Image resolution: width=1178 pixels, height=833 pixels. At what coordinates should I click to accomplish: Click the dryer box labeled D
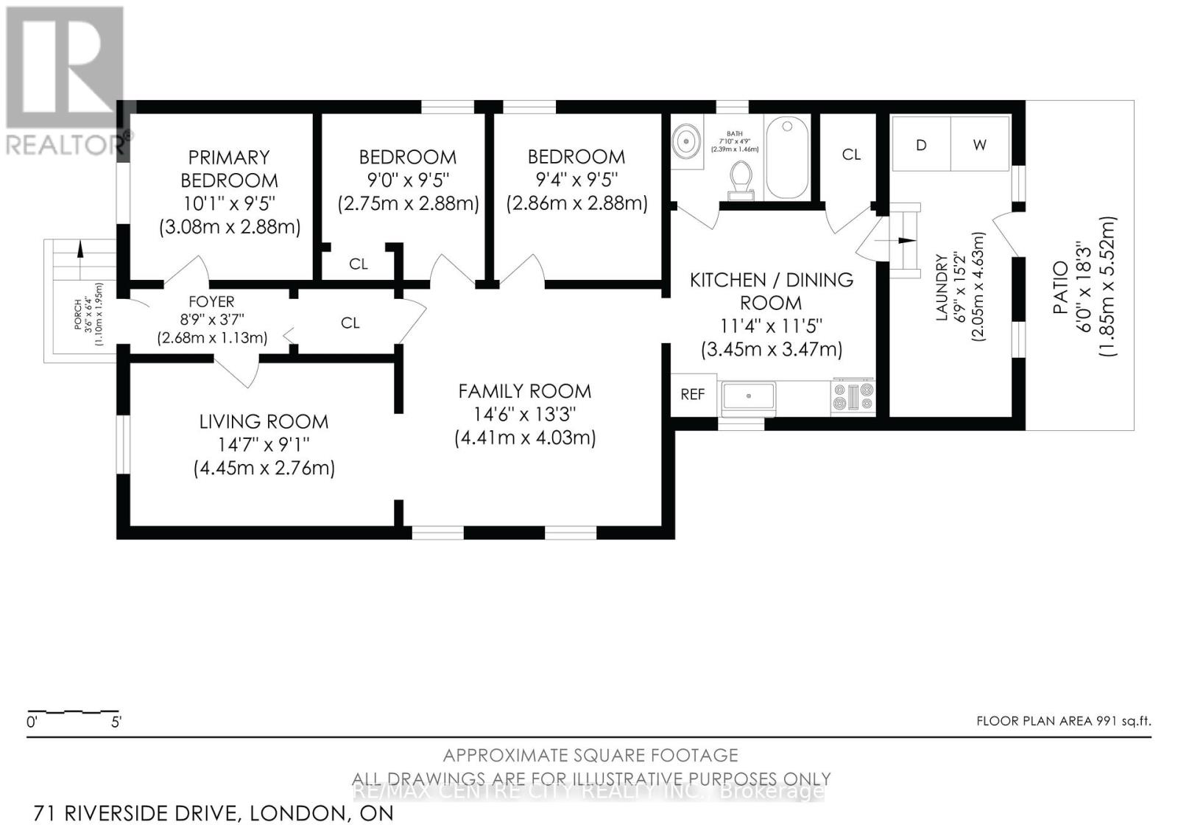click(920, 145)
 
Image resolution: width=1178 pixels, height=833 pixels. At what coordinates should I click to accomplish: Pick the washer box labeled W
click(979, 145)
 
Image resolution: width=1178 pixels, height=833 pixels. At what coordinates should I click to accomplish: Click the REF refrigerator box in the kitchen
click(692, 395)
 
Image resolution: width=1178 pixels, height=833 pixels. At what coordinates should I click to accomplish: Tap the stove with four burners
click(853, 396)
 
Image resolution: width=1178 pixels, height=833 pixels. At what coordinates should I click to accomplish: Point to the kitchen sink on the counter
click(749, 397)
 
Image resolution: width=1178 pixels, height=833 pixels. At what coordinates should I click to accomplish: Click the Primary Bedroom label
click(229, 169)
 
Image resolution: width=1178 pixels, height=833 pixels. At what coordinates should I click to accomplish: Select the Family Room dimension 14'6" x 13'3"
click(524, 415)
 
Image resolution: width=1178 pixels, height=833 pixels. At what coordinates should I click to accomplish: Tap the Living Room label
click(264, 422)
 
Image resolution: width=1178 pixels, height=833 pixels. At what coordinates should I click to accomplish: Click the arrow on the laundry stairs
click(904, 240)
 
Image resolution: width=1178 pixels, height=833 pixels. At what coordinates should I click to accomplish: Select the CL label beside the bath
click(851, 155)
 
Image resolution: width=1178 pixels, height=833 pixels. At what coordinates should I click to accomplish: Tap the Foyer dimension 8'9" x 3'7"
click(211, 320)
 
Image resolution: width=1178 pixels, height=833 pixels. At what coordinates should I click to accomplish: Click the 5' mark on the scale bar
click(116, 723)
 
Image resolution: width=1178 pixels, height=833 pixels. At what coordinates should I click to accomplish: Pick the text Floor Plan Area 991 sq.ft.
click(1063, 721)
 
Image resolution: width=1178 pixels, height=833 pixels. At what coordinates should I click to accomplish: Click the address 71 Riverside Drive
click(136, 814)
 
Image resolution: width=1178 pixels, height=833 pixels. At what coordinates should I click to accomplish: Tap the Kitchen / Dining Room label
click(771, 291)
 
